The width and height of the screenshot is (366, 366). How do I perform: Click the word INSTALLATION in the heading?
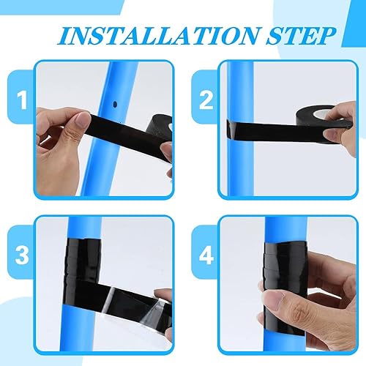pyautogui.click(x=160, y=36)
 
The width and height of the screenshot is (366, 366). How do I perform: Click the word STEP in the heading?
pyautogui.click(x=302, y=36)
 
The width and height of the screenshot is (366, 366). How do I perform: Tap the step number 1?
pyautogui.click(x=22, y=100)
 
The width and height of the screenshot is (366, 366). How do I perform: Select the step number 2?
pyautogui.click(x=206, y=100)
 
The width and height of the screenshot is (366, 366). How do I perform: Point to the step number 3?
pyautogui.click(x=22, y=255)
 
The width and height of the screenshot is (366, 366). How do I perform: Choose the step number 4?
pyautogui.click(x=206, y=255)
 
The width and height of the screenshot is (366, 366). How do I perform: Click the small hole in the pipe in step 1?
pyautogui.click(x=115, y=105)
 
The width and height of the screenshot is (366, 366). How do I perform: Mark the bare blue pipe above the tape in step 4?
pyautogui.click(x=285, y=229)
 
